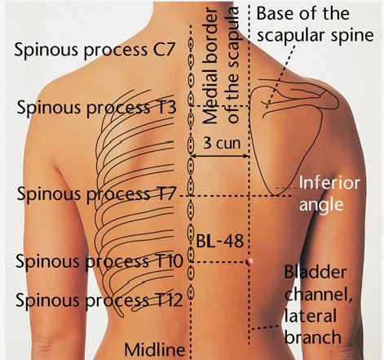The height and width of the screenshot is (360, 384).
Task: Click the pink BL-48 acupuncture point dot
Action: tap(249, 261)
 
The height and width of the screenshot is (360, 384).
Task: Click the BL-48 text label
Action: tap(219, 241)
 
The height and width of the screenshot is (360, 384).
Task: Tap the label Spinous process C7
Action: tap(94, 50)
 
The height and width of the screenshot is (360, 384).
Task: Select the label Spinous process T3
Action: tap(96, 108)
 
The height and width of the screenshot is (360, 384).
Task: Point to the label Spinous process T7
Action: tap(96, 194)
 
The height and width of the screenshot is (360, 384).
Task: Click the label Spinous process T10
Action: tap(99, 261)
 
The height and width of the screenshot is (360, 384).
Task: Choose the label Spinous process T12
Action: tap(99, 300)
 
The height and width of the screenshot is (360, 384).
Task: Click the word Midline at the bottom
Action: tap(155, 349)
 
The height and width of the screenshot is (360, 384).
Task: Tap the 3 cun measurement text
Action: tap(222, 143)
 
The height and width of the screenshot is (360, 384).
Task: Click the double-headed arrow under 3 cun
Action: tap(220, 156)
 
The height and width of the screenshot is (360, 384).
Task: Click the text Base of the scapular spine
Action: tap(316, 24)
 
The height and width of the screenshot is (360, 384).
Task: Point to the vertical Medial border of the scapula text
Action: tap(221, 65)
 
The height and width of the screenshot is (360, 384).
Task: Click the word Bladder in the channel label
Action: tap(316, 272)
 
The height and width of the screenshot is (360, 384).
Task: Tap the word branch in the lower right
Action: tap(313, 337)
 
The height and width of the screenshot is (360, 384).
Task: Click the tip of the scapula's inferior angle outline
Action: tap(276, 195)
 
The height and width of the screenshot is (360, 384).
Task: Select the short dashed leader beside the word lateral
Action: tap(264, 327)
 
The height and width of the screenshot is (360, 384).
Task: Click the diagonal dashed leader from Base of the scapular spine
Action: tap(280, 77)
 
